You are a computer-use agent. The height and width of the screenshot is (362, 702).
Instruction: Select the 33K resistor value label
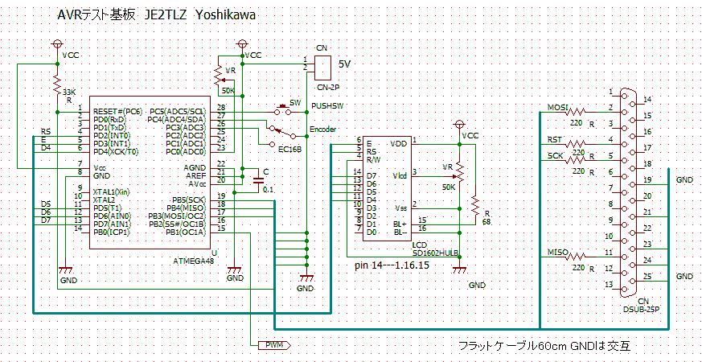[x=70, y=92]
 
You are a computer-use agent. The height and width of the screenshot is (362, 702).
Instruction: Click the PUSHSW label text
[x=327, y=105]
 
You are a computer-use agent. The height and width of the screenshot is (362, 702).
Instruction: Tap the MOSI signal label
[x=557, y=108]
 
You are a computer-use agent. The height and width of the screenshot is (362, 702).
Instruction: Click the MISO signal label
[x=557, y=253]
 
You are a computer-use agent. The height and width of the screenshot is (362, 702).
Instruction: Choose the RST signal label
[x=554, y=140]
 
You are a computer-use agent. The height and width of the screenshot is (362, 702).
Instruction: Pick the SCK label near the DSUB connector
[x=555, y=156]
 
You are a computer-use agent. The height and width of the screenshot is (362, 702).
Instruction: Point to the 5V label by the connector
[x=344, y=64]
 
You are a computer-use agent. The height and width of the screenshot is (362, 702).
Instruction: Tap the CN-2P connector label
[x=322, y=86]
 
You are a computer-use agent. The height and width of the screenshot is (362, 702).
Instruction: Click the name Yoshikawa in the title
[x=226, y=15]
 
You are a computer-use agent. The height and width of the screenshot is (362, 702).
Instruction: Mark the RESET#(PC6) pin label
[x=117, y=110]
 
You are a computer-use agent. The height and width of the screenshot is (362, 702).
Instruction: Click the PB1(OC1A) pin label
[x=186, y=231]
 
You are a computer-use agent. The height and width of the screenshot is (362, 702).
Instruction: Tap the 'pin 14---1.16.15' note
[x=392, y=264]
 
